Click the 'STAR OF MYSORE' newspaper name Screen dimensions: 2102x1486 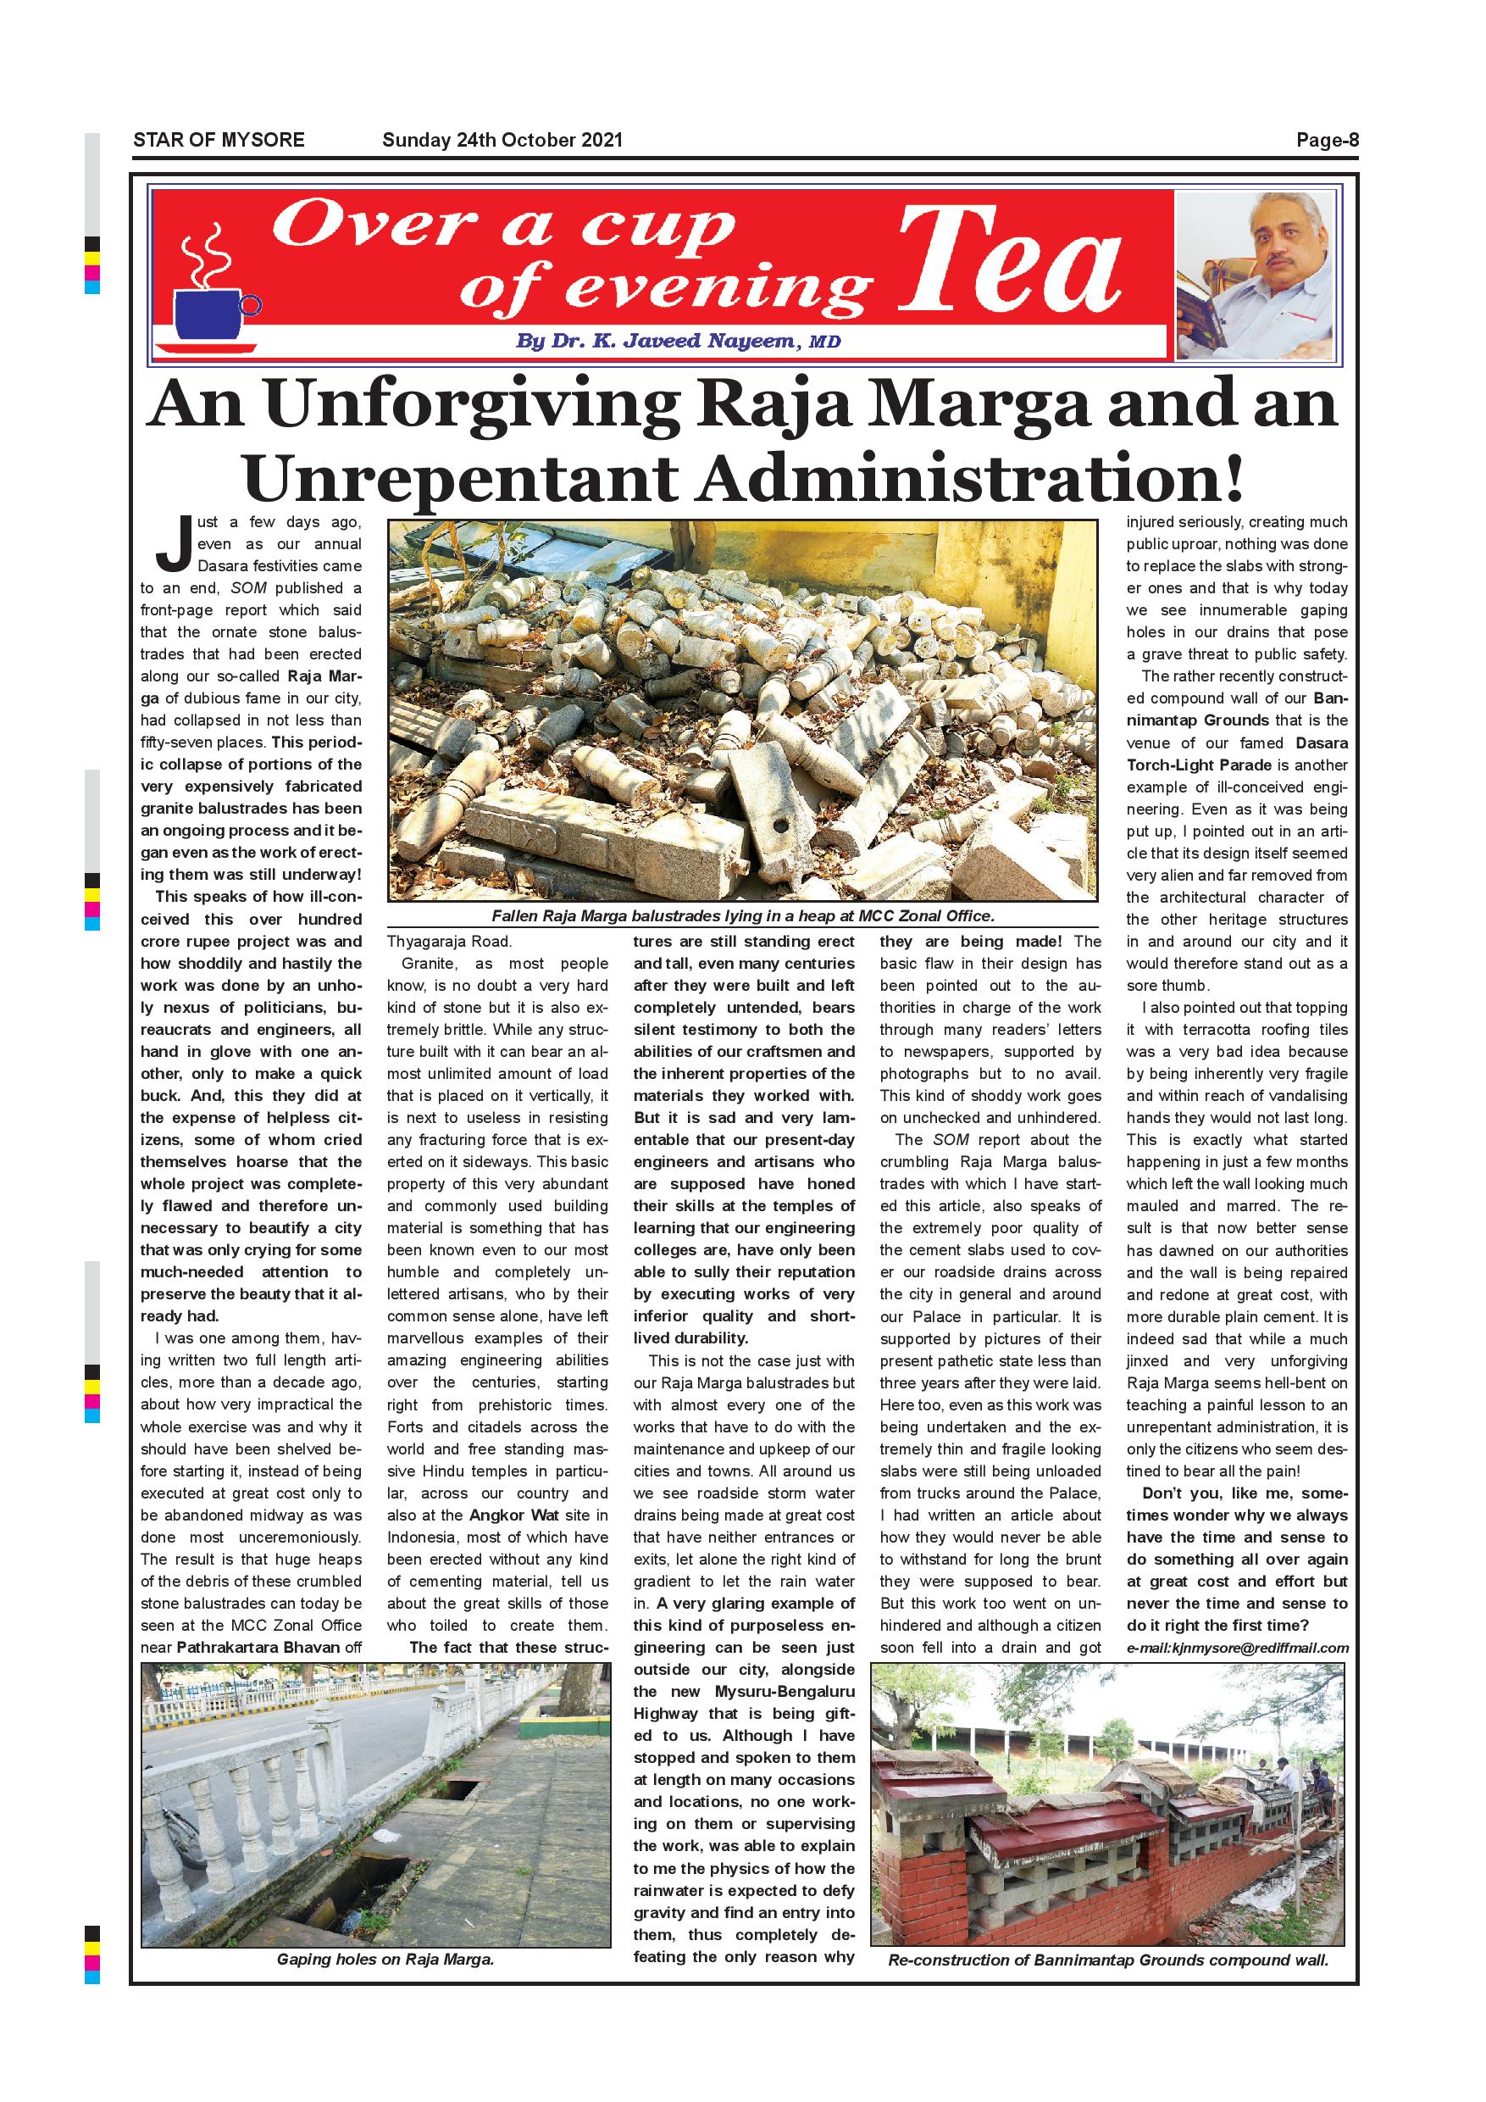(219, 140)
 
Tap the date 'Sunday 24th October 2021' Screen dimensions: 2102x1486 (502, 140)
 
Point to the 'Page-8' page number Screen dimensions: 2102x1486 (1327, 140)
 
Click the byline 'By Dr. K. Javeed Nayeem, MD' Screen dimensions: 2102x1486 (677, 342)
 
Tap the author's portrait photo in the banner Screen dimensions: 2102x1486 (1257, 275)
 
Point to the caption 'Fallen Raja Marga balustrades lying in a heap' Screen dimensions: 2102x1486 (742, 915)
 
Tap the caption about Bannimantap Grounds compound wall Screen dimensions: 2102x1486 (1107, 1960)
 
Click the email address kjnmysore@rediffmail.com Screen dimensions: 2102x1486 (1237, 1648)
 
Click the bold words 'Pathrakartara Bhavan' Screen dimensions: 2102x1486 (258, 1647)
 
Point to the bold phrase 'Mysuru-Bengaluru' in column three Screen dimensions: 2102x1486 (785, 1691)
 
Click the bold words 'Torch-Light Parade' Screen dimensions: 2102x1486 (1190, 765)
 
